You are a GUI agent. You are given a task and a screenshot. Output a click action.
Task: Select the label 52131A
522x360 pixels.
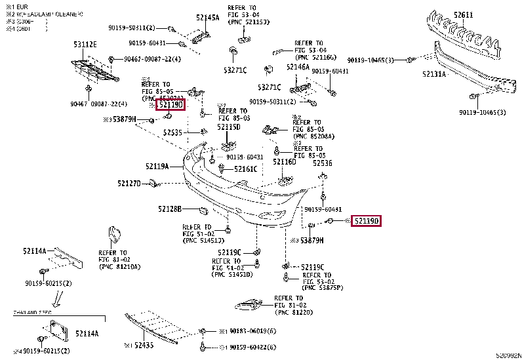tap(434, 74)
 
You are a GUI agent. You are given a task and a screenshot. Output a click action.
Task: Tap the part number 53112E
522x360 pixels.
tap(85, 44)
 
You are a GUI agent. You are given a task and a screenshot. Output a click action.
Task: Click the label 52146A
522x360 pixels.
tap(298, 67)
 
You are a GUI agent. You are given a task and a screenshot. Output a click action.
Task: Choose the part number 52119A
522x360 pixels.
tap(157, 167)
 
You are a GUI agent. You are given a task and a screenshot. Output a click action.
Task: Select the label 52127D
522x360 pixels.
tap(129, 184)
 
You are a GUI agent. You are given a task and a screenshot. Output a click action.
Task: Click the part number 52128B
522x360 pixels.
tap(169, 209)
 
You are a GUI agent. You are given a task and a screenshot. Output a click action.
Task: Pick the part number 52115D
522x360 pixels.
tap(229, 127)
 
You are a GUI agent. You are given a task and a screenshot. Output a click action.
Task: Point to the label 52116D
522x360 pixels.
tap(285, 161)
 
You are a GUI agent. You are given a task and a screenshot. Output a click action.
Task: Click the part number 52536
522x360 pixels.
tap(322, 163)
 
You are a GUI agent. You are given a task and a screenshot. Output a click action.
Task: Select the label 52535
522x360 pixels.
tap(173, 132)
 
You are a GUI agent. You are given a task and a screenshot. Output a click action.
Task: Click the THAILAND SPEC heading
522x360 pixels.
tap(33, 313)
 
